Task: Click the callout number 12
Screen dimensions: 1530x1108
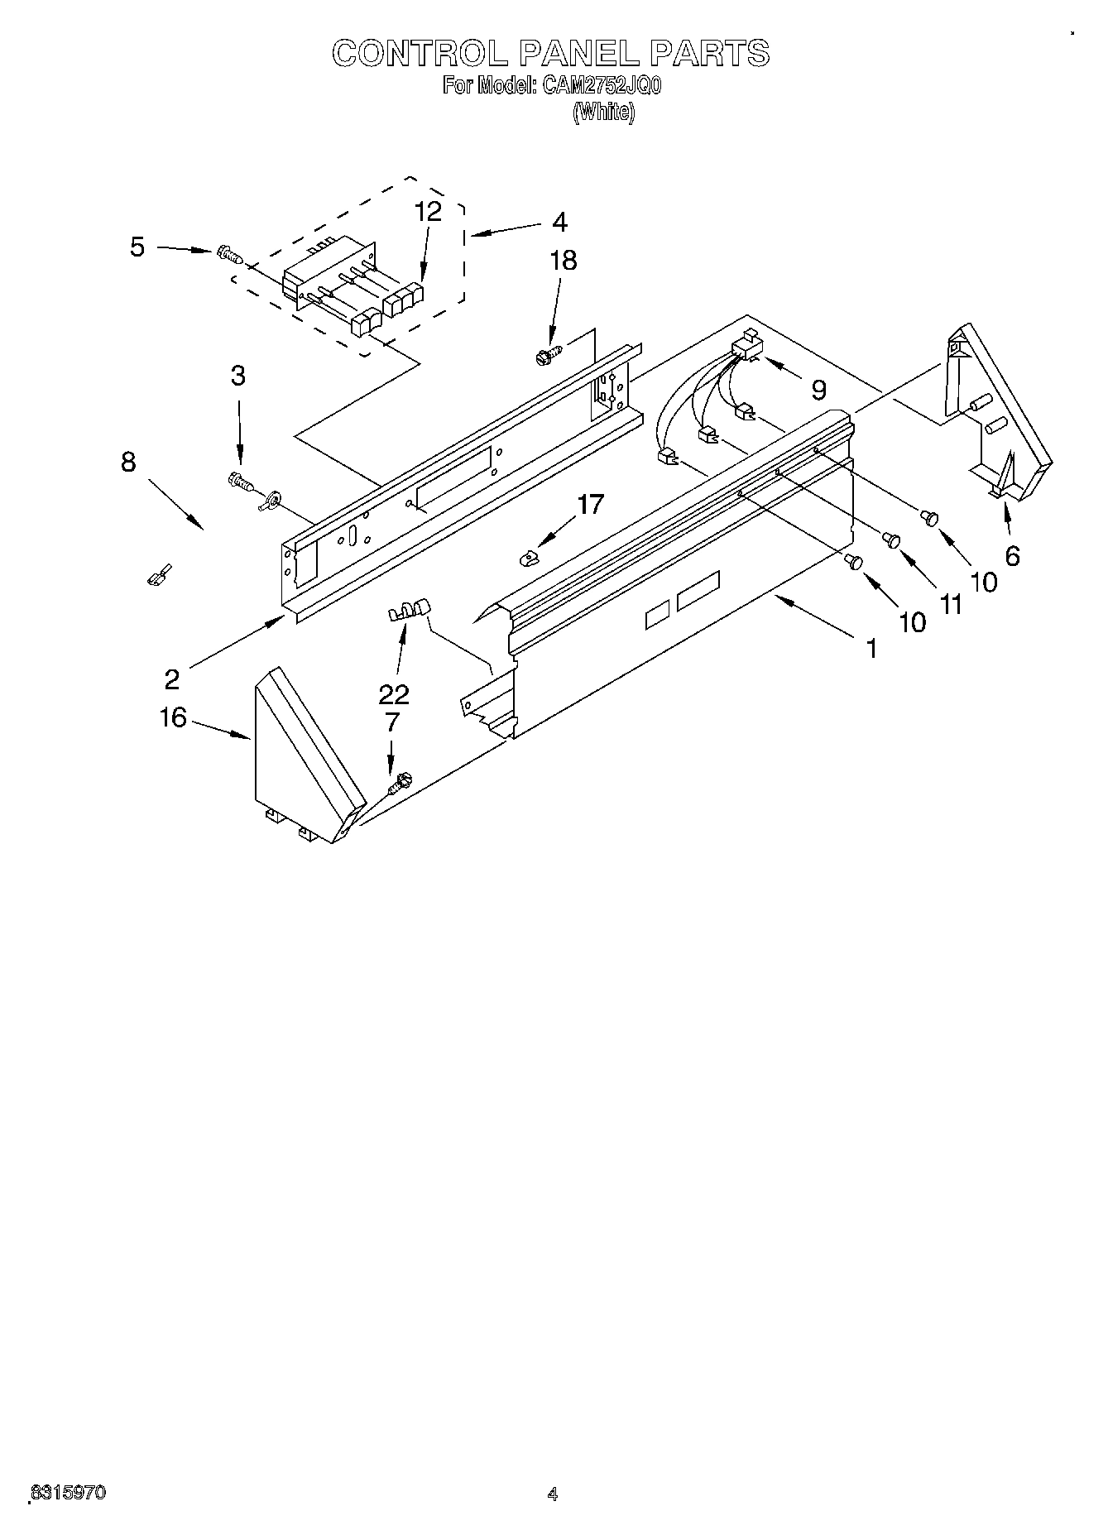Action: (428, 212)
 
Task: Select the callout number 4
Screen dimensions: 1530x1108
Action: (560, 222)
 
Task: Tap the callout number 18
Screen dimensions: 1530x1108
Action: (564, 261)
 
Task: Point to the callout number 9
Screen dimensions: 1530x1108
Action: (818, 389)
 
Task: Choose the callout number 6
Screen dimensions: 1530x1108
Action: (1012, 556)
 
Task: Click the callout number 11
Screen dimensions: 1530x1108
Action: (952, 605)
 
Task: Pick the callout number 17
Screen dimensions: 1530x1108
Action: (591, 504)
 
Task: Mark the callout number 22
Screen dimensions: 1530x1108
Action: (394, 693)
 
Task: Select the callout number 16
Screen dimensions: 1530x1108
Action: (173, 717)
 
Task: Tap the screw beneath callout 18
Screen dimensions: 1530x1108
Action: (547, 356)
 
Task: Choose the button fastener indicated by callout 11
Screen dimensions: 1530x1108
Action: (891, 540)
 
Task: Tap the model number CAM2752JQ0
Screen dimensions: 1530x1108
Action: (601, 86)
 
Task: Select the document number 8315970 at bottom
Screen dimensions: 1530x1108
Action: (68, 1493)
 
